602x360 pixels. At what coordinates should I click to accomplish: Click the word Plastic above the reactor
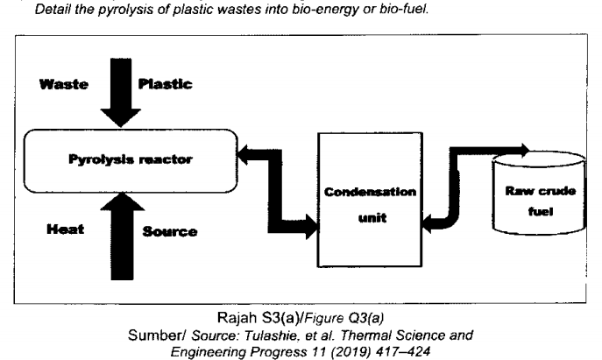[166, 85]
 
